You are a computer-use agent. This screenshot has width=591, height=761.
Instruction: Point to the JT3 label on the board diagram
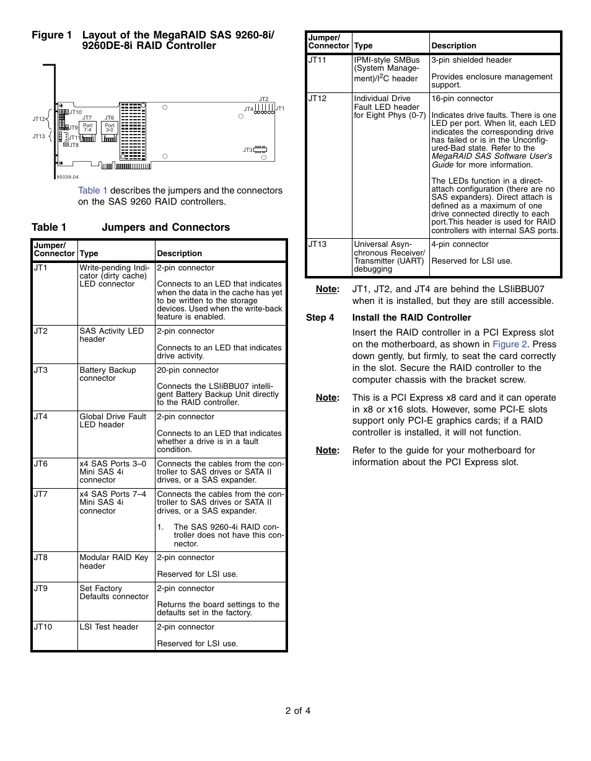(x=247, y=150)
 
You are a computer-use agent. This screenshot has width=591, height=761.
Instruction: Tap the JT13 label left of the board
(x=38, y=136)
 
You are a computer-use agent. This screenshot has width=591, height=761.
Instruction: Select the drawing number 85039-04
(x=68, y=177)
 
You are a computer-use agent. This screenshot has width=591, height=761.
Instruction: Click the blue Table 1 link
(x=93, y=190)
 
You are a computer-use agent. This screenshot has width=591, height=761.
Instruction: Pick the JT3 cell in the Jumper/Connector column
(x=41, y=370)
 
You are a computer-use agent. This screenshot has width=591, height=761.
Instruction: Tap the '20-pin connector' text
(x=188, y=370)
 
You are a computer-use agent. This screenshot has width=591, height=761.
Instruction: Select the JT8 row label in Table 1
(x=41, y=558)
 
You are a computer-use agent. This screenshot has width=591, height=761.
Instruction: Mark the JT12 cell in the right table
(x=317, y=99)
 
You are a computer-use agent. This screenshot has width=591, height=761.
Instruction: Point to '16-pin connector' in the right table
(x=462, y=99)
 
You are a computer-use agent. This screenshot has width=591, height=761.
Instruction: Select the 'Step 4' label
(x=320, y=318)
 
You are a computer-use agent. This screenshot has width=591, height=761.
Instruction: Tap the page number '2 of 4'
(x=298, y=711)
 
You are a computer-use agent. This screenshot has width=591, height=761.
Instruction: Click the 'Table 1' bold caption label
(x=49, y=227)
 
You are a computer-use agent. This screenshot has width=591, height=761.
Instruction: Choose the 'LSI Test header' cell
(x=109, y=627)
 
